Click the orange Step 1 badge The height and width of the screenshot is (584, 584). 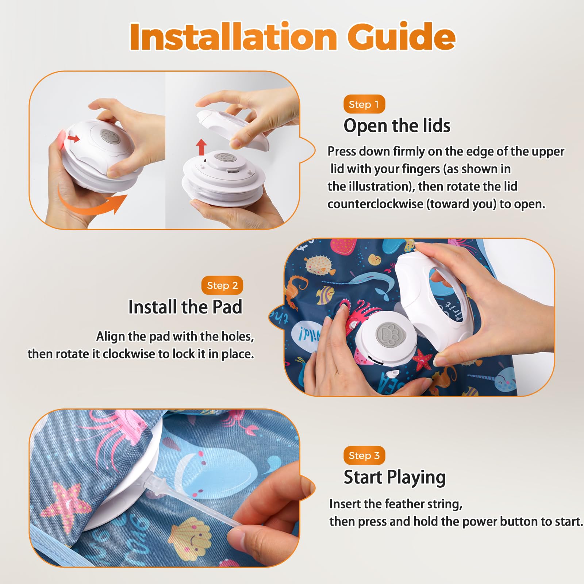click(364, 104)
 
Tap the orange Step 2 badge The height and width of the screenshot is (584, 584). click(222, 285)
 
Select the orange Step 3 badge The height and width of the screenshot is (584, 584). click(364, 456)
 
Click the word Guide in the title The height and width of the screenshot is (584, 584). click(401, 36)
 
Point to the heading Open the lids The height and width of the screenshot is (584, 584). click(397, 126)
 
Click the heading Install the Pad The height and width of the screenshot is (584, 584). click(185, 307)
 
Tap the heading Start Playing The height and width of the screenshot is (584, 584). click(395, 477)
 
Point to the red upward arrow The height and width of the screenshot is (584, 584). click(201, 147)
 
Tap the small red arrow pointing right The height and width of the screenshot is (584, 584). click(74, 138)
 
